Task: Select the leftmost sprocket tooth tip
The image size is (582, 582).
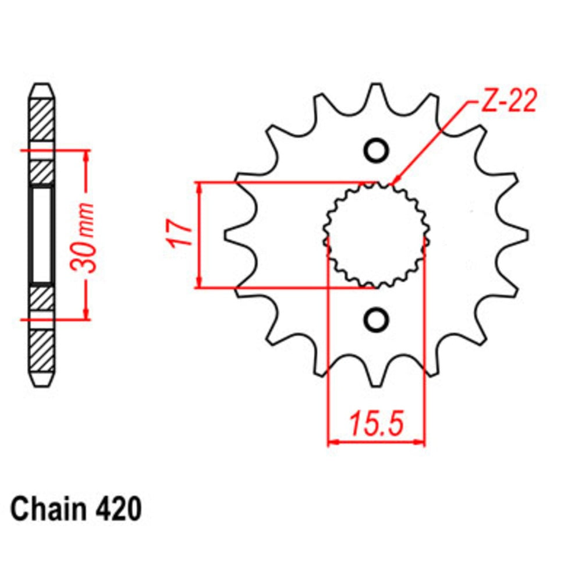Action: (227, 235)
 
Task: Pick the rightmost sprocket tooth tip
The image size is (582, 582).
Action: (526, 235)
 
